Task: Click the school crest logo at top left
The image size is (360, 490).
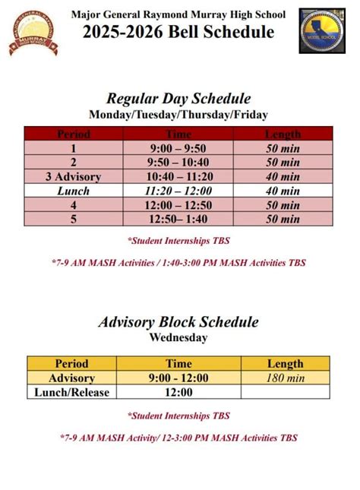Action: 32,33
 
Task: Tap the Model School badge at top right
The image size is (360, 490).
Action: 322,31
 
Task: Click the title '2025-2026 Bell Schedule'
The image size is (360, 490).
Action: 179,32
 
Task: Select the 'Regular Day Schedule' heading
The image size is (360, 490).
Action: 178,99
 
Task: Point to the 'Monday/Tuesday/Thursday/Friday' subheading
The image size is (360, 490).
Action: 178,115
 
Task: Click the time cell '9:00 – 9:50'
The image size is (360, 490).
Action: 178,148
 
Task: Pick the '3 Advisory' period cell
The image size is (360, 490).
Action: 73,176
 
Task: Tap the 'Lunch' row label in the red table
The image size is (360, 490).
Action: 73,191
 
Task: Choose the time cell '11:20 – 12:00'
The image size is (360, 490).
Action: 178,191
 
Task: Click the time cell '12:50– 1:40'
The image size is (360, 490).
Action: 178,219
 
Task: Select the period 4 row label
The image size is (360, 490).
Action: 73,205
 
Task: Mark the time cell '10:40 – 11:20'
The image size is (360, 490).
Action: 178,176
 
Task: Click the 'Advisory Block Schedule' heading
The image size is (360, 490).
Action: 178,322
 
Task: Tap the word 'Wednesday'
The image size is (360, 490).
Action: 178,337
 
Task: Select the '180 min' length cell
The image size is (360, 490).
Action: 285,378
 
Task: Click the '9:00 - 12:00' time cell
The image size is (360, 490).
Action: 178,378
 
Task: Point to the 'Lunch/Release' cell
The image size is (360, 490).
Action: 72,392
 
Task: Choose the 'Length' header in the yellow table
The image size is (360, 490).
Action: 285,364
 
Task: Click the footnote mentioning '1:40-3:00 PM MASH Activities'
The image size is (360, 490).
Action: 178,263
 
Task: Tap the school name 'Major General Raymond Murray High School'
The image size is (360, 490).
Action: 178,14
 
